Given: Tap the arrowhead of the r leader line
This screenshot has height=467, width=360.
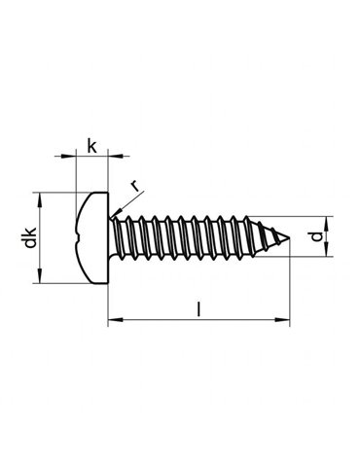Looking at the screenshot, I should [x=115, y=213].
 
